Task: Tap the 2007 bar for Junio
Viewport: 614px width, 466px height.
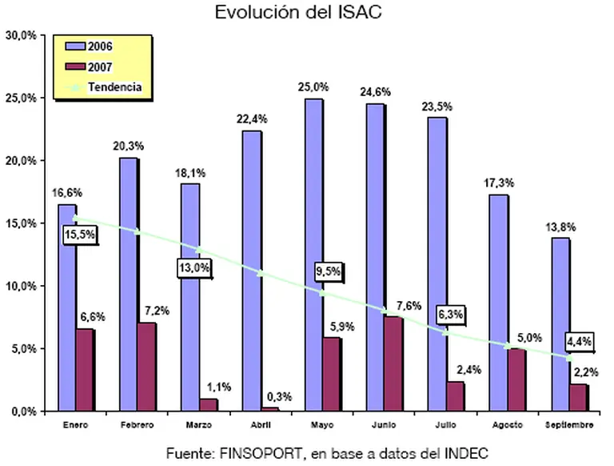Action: tap(393, 364)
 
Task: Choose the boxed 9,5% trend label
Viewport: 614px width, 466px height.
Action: tap(328, 271)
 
